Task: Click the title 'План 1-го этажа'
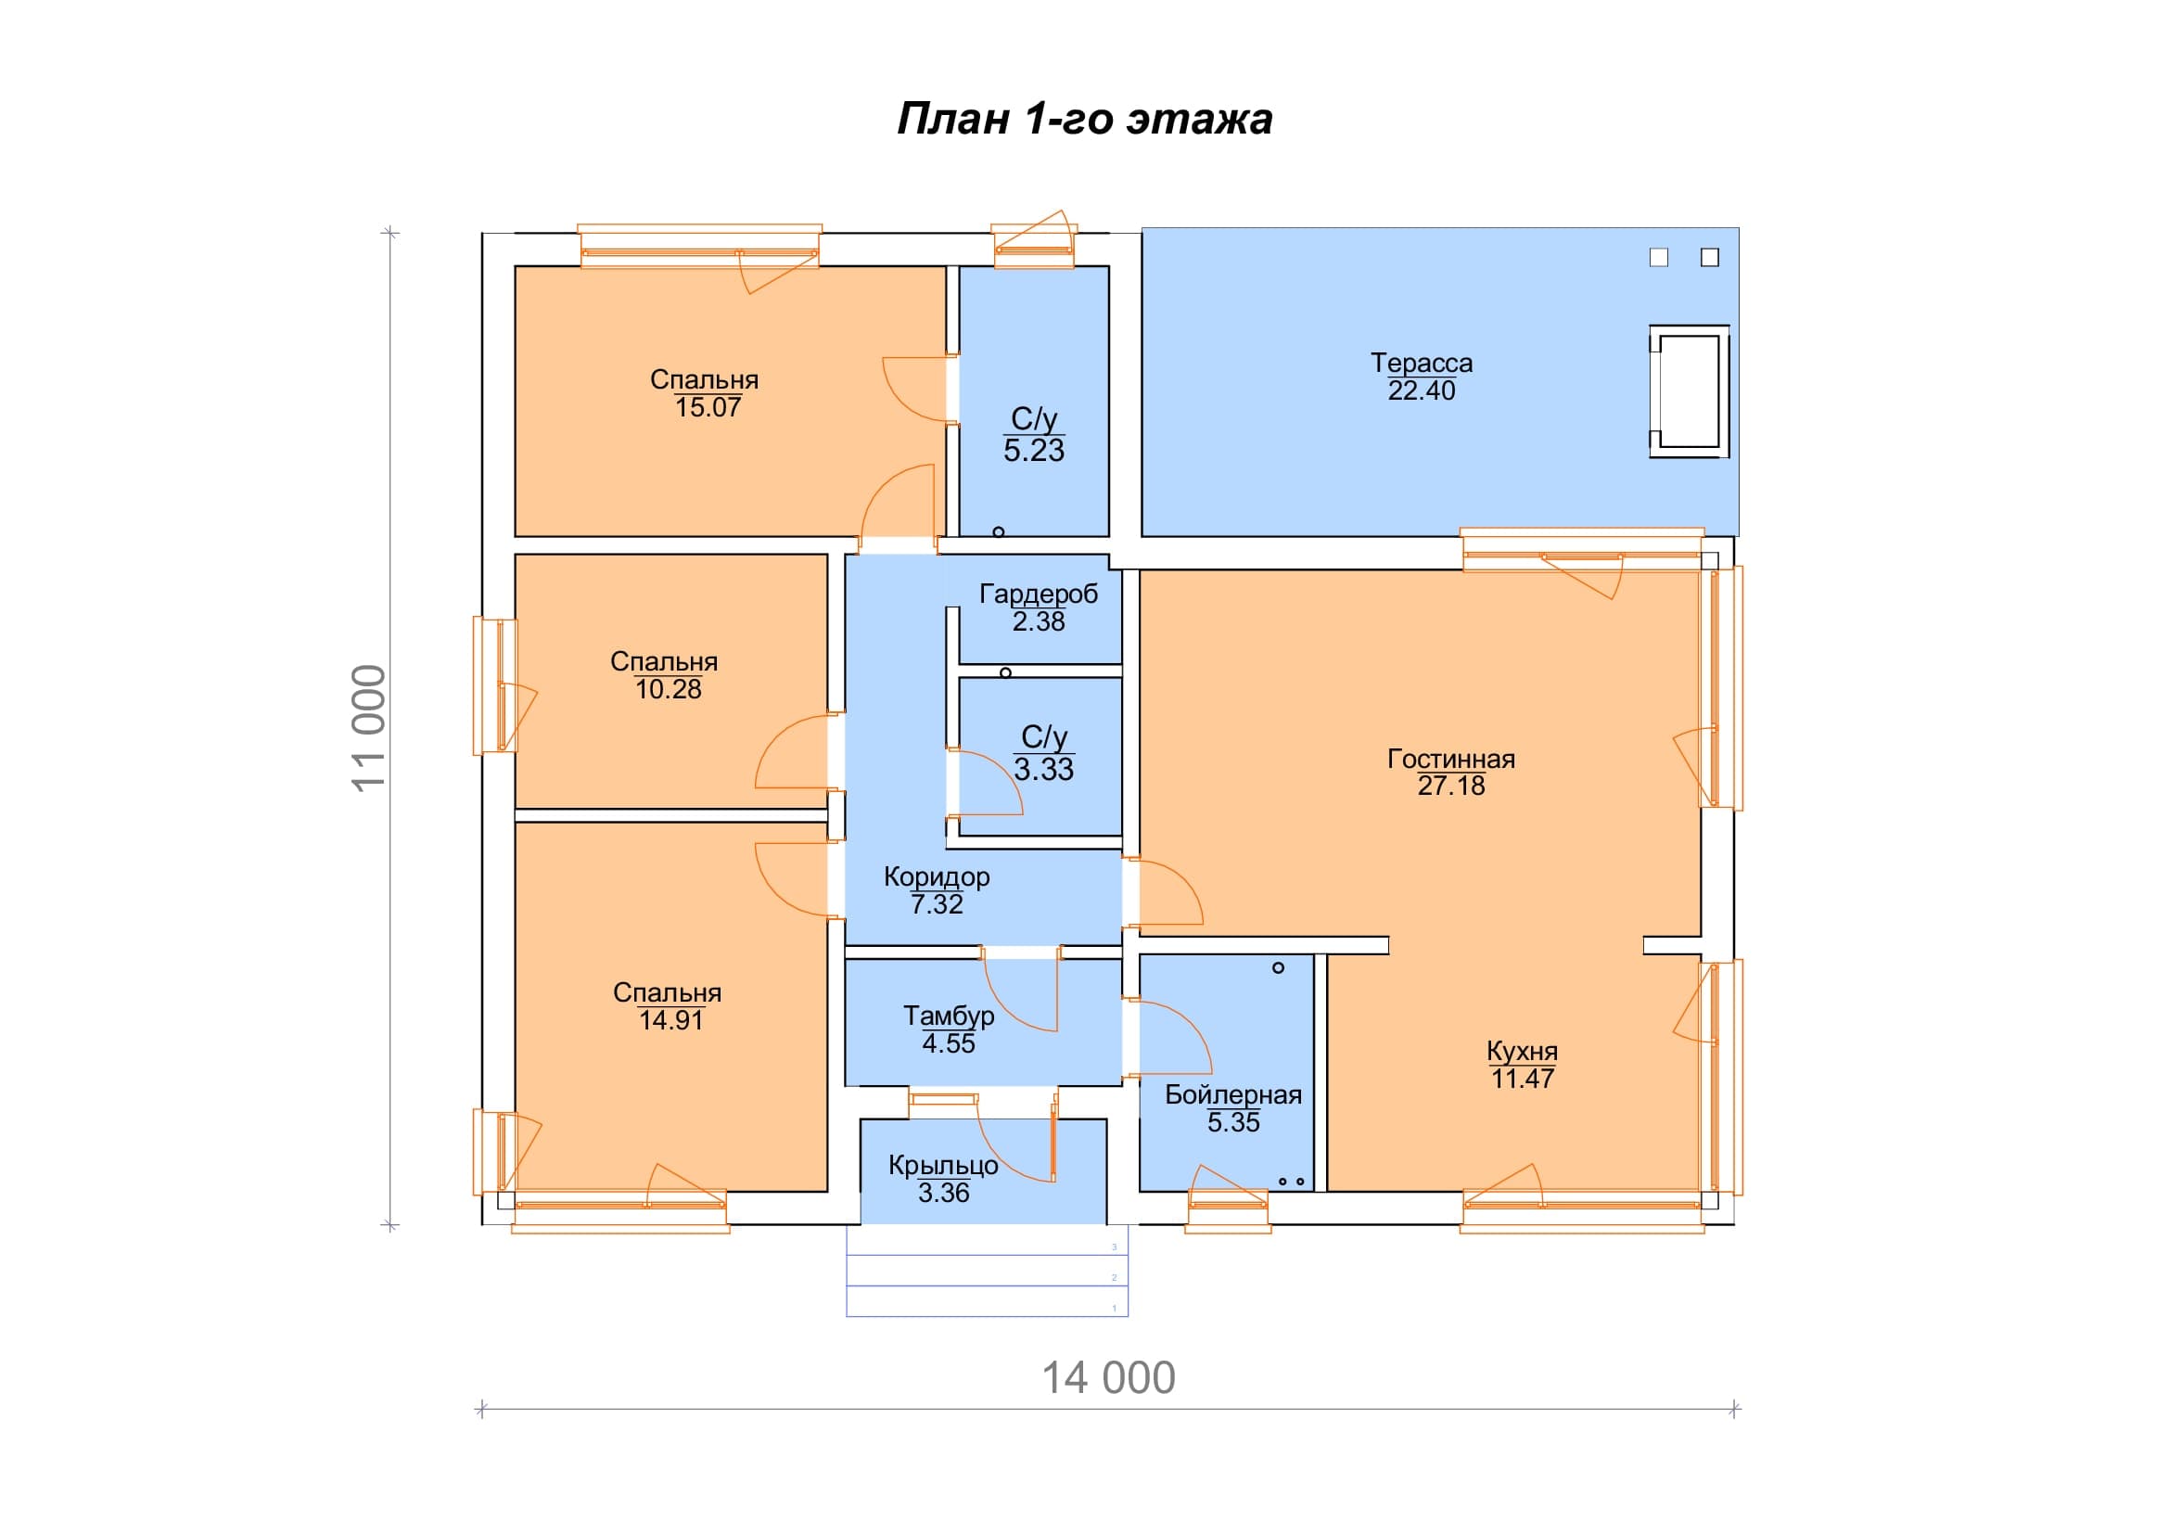[1085, 120]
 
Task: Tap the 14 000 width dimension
[1108, 1378]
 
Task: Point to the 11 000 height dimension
[368, 727]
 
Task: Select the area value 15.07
[708, 407]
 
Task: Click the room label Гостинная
[1451, 759]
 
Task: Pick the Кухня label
[1522, 1052]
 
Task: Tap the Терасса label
[1422, 363]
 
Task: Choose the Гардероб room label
[1039, 594]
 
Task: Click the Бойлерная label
[1232, 1094]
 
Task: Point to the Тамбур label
[949, 1016]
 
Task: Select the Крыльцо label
[943, 1166]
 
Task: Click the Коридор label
[937, 876]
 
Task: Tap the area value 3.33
[1044, 769]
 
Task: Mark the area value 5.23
[1033, 451]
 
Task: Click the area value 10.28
[668, 689]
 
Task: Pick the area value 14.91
[670, 1020]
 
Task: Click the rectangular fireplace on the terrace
[1689, 392]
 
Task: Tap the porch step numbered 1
[988, 1300]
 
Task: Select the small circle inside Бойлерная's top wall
[1278, 968]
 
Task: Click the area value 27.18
[1451, 786]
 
